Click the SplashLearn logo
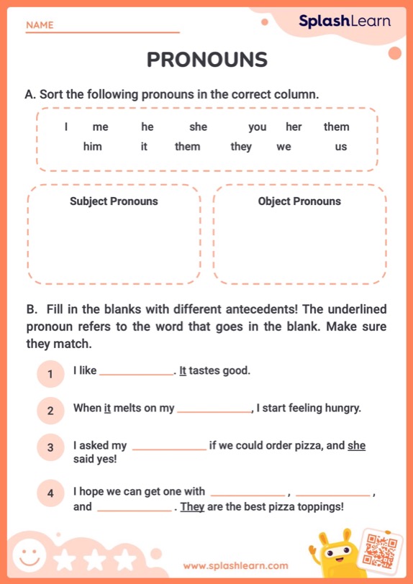pos(345,22)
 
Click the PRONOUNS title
pos(207,60)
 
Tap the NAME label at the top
pos(40,25)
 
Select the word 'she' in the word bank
pos(198,127)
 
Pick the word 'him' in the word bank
pos(92,147)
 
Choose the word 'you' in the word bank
pos(257,127)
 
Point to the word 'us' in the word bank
pos(340,147)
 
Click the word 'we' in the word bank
pos(283,147)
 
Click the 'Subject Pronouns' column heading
pos(114,201)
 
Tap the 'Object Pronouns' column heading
pos(299,201)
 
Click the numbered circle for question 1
pos(50,374)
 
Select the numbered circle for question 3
pos(50,447)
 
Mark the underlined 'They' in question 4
pos(192,506)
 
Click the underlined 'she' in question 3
pos(356,446)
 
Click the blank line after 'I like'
pos(136,373)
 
